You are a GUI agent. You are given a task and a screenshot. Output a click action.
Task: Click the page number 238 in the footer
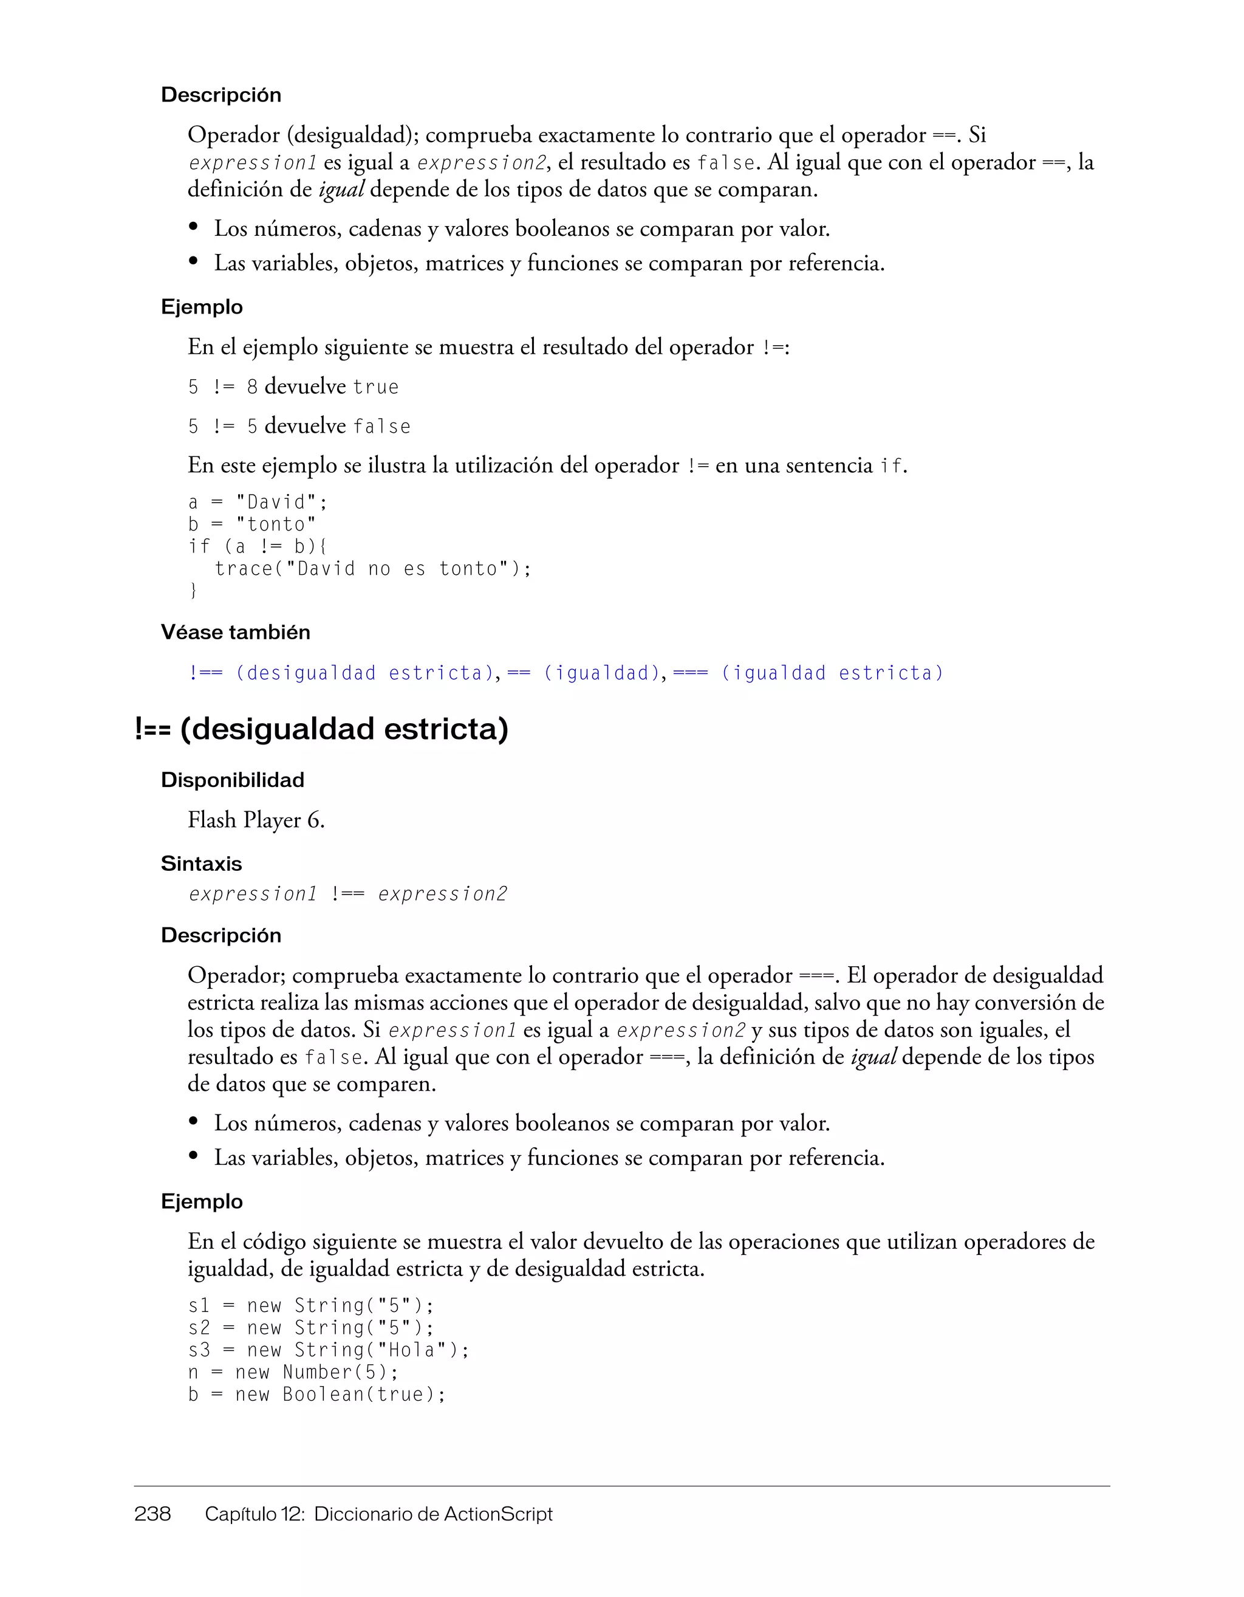(152, 1514)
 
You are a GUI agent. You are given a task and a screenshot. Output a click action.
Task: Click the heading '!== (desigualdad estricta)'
(321, 729)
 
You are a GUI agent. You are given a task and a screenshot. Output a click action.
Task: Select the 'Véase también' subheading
(235, 633)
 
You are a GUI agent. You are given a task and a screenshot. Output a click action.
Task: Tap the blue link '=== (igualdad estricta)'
(808, 673)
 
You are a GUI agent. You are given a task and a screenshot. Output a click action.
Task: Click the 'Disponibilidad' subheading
(233, 780)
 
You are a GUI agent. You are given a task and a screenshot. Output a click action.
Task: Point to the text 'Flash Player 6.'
(256, 820)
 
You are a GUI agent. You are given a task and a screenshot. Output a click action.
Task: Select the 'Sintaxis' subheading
(201, 864)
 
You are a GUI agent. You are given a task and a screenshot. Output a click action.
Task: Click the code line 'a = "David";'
(258, 503)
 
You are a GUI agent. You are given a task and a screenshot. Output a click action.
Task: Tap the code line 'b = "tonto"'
(252, 524)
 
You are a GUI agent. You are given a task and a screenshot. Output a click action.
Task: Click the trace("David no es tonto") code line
(373, 569)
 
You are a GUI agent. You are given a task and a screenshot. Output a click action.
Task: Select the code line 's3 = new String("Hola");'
(329, 1350)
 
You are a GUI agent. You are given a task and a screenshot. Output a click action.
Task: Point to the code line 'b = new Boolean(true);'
(316, 1395)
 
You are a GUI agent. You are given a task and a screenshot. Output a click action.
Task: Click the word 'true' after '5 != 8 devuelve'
(375, 387)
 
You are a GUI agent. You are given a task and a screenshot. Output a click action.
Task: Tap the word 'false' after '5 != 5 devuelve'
(381, 427)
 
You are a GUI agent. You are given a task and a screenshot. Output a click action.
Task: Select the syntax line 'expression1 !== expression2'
(347, 895)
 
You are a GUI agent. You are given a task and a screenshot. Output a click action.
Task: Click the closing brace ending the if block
(193, 591)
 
